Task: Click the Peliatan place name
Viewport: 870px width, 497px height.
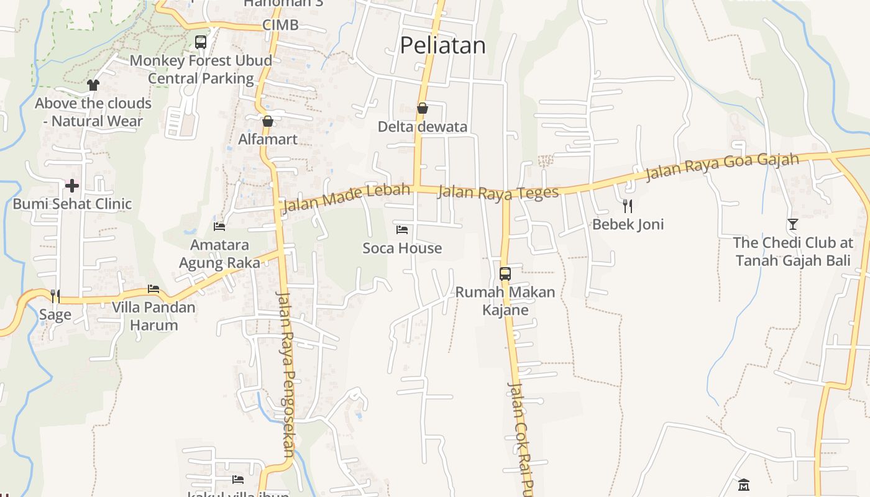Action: (x=442, y=45)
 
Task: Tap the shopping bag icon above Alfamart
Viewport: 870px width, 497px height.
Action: (x=268, y=121)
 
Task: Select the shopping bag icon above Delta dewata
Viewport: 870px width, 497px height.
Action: (x=423, y=108)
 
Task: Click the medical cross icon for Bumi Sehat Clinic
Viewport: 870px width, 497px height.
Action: (x=72, y=185)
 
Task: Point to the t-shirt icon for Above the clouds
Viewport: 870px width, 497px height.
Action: (x=93, y=84)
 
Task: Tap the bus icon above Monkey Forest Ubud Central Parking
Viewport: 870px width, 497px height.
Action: (x=201, y=42)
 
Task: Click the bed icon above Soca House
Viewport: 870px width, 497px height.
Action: (x=402, y=230)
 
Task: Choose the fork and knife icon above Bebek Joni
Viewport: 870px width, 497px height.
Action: (x=628, y=206)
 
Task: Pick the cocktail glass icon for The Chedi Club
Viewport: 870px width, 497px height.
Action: (x=792, y=224)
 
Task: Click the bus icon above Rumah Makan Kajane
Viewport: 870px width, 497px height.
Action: (x=505, y=273)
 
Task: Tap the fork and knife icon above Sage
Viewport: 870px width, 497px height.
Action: (x=55, y=296)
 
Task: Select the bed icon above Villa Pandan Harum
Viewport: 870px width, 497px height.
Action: (x=153, y=289)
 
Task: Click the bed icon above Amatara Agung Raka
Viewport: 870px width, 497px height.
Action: (x=219, y=226)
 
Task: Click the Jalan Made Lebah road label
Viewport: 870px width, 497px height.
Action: (x=346, y=198)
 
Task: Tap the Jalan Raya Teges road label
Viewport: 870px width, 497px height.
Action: (x=498, y=193)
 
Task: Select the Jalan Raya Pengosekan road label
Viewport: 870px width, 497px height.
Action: (x=287, y=367)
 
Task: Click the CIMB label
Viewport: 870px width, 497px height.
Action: (x=280, y=25)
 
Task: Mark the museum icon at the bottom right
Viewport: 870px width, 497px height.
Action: (x=743, y=483)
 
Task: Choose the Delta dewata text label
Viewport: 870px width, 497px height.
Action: (x=423, y=127)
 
